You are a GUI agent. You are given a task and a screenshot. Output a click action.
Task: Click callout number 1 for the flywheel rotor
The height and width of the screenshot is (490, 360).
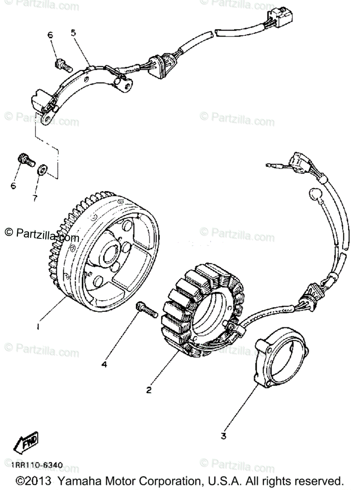[38, 326]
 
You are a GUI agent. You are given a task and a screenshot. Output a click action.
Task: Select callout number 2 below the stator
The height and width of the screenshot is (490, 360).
[149, 390]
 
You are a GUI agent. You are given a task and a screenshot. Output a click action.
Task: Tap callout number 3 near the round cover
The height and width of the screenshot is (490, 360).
[223, 436]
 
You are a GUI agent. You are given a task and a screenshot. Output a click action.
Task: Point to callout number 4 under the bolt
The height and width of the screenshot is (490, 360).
[104, 364]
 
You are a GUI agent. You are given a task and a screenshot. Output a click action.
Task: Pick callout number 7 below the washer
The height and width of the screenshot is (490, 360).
[35, 198]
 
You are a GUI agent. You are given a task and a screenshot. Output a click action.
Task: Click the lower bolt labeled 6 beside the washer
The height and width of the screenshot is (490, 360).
[26, 160]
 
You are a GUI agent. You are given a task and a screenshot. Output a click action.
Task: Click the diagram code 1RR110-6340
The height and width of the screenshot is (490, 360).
[37, 465]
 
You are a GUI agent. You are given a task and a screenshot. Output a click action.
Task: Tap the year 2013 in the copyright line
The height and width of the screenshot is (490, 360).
[38, 480]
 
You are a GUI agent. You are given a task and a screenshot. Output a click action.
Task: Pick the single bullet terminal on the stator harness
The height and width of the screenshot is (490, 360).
[271, 165]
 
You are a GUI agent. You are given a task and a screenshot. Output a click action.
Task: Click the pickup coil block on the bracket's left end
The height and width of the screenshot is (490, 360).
[41, 100]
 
